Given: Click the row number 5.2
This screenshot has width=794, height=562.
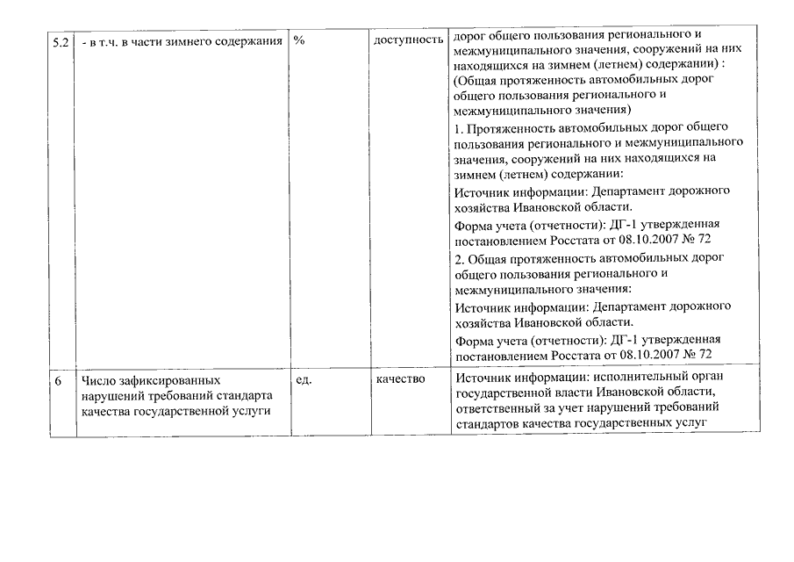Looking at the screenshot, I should click(x=59, y=41).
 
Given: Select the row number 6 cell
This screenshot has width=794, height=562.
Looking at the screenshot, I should click(x=58, y=379).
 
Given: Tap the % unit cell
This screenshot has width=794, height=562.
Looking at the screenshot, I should click(x=299, y=41).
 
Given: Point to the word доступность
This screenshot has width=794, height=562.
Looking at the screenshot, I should click(x=408, y=41).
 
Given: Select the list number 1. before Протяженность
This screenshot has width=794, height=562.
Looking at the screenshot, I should click(x=460, y=127).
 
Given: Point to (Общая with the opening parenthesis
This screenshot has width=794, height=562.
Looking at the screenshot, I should click(x=475, y=80).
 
